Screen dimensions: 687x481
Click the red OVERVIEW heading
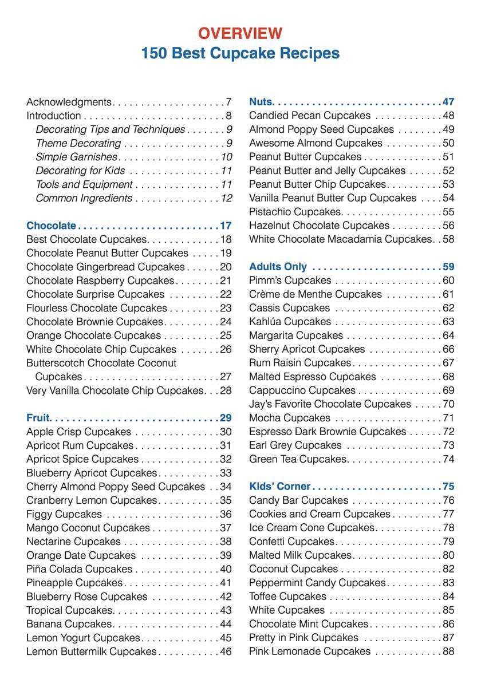(240, 33)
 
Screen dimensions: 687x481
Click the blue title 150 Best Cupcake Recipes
(240, 53)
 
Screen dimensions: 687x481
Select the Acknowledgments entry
(69, 102)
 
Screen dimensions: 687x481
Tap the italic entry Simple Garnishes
(76, 157)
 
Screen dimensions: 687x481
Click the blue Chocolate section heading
(51, 226)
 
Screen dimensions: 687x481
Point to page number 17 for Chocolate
(226, 226)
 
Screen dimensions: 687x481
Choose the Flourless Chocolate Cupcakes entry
(89, 309)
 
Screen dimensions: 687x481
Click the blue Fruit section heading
(39, 418)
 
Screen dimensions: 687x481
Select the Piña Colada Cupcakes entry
(79, 570)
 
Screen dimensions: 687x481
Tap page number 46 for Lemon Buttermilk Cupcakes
(226, 652)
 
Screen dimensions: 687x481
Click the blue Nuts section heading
(261, 102)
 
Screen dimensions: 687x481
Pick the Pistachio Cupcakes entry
(295, 212)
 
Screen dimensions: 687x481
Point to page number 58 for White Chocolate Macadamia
(448, 240)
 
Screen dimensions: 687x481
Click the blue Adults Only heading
(278, 267)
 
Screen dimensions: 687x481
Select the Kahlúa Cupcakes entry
(290, 322)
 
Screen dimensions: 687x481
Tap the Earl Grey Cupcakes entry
(295, 446)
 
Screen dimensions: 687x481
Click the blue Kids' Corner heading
(279, 487)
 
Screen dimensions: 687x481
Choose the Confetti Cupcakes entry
(291, 542)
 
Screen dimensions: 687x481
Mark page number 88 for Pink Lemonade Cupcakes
(448, 652)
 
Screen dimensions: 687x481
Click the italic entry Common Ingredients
(84, 199)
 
